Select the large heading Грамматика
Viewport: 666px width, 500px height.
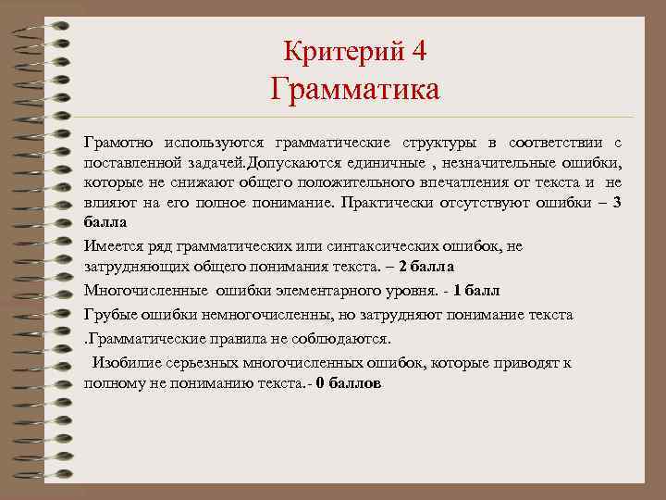click(355, 91)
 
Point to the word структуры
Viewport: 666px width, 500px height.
click(438, 143)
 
